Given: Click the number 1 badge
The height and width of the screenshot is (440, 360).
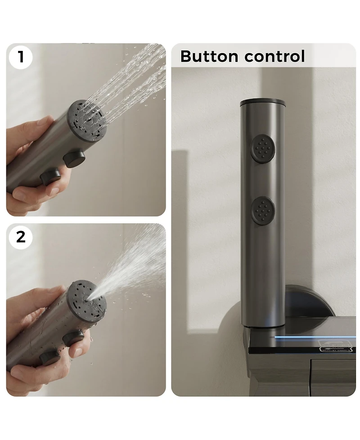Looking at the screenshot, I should click(x=21, y=57).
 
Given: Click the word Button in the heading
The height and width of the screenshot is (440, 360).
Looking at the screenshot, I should click(x=209, y=57).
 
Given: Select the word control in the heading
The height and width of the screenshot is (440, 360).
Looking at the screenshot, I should click(x=274, y=57).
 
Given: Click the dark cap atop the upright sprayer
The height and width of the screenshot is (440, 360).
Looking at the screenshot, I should click(x=262, y=102).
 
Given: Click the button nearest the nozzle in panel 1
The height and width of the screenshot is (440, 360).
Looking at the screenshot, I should click(x=74, y=158).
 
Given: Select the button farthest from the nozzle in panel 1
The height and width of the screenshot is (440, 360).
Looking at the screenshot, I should click(x=49, y=177).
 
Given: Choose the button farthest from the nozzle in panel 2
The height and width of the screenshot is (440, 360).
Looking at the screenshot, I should click(x=49, y=358).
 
